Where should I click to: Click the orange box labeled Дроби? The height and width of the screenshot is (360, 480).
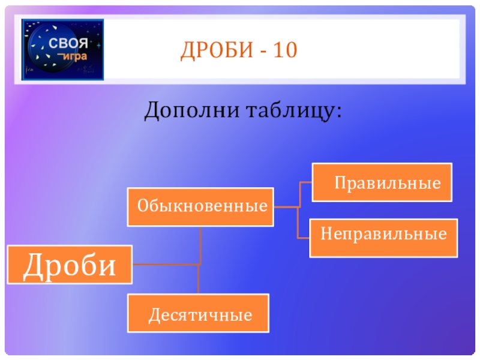pos(70,265)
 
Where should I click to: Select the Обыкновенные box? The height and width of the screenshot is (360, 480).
pos(200,207)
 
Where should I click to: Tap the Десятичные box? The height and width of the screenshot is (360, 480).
pos(199,313)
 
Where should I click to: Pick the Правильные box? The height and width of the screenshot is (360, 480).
pos(382,182)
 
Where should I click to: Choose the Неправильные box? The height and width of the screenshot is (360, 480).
pos(383,238)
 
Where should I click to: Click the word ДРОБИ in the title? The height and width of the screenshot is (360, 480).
pos(217,50)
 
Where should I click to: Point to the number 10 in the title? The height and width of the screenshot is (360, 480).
pos(286,50)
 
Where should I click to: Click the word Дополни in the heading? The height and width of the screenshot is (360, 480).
pos(192,110)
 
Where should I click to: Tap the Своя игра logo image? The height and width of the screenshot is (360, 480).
pos(63,50)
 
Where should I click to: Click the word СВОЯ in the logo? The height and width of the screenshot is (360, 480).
pos(68,43)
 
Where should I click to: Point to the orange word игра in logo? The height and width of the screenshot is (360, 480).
pos(74,56)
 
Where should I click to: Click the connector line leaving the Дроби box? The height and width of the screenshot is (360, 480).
pos(166,264)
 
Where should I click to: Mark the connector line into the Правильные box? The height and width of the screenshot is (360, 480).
pos(306,182)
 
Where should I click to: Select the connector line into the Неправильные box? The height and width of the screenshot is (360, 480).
pos(303,238)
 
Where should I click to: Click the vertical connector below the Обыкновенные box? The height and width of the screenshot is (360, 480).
pos(200,245)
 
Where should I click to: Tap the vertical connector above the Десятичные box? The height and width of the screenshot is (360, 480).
pos(199,279)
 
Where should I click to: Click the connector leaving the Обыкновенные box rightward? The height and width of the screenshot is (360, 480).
pos(286,207)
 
